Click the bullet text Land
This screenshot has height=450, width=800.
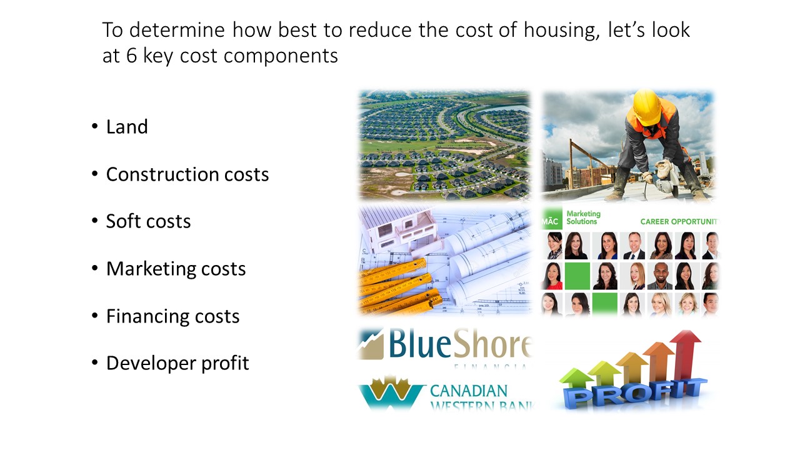pos(127,127)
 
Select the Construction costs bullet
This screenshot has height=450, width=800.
pos(187,174)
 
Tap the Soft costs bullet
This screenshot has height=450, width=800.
pos(148,221)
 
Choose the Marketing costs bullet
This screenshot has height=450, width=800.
pos(176,269)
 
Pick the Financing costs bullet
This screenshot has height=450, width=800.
pos(172,316)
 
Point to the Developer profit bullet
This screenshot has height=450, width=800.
pos(177,363)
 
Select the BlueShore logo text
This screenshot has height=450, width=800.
pos(459,344)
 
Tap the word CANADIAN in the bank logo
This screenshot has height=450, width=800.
pos(469,391)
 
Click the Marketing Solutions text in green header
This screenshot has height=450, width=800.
pos(582,217)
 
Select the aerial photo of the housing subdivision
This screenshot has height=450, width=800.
pos(444,145)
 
